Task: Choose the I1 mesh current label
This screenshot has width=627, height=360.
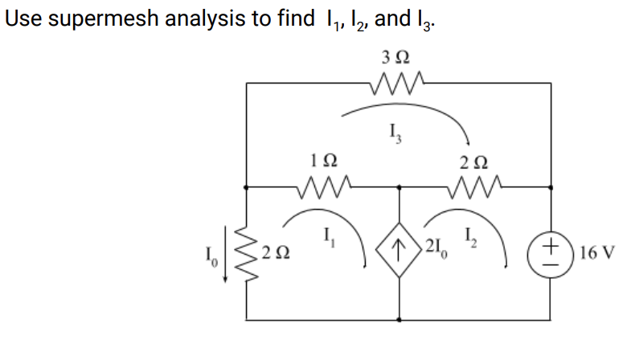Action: (x=329, y=235)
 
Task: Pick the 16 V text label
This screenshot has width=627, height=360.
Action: (x=596, y=251)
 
